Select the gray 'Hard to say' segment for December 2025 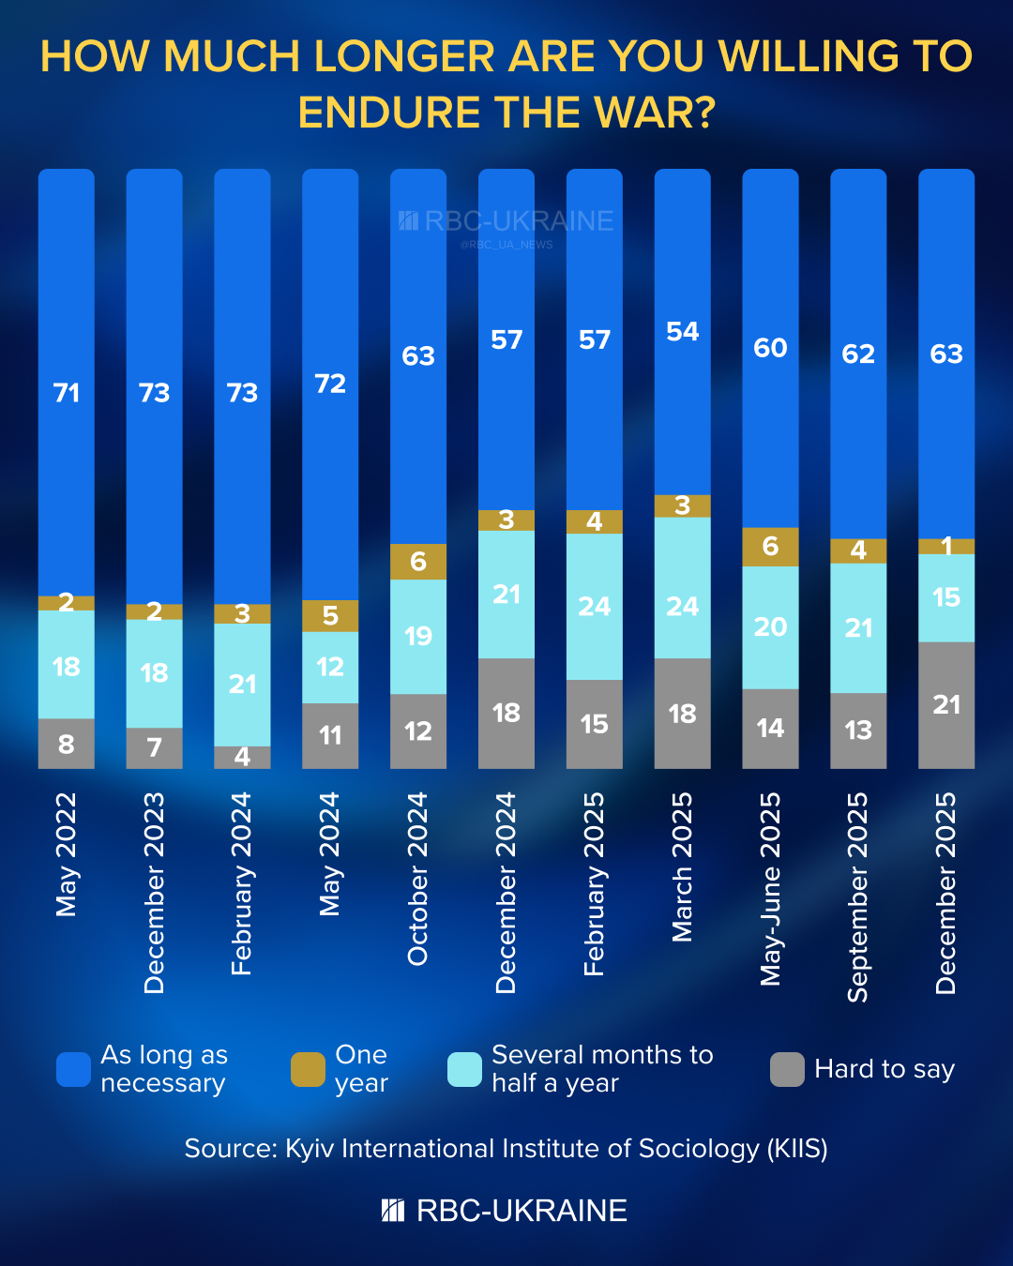945,704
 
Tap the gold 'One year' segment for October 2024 418,562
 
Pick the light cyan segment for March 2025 682,588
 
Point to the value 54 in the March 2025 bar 682,331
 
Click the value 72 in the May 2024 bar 330,384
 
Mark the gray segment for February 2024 242,757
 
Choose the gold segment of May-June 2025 770,547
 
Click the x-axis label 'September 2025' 858,897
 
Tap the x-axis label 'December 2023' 154,892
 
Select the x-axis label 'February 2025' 594,883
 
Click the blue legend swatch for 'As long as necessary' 73,1069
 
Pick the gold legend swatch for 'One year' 308,1069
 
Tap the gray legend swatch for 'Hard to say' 787,1069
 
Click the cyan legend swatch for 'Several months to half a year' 464,1069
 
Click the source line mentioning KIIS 506,1149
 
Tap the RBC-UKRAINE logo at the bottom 505,1211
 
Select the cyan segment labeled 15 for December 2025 945,597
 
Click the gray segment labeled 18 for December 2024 506,713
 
